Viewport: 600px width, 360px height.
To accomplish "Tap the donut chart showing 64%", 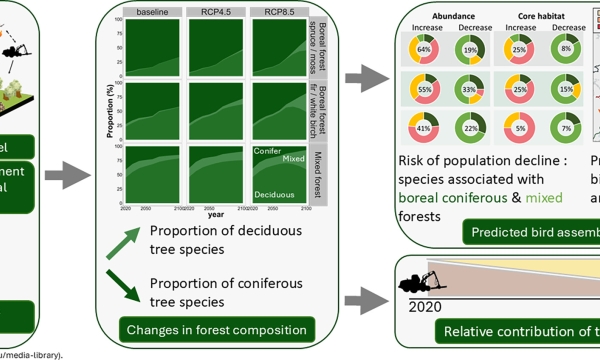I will click(x=423, y=49).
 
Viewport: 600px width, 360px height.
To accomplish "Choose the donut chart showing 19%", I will click(x=470, y=49).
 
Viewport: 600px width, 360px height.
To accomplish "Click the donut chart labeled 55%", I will click(x=423, y=89).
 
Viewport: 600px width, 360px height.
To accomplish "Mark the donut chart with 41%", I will click(x=423, y=129).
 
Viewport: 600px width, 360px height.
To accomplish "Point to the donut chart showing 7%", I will click(x=568, y=129).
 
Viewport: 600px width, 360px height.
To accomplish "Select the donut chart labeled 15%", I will click(x=568, y=89).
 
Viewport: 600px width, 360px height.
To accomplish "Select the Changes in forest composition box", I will click(x=216, y=329).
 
